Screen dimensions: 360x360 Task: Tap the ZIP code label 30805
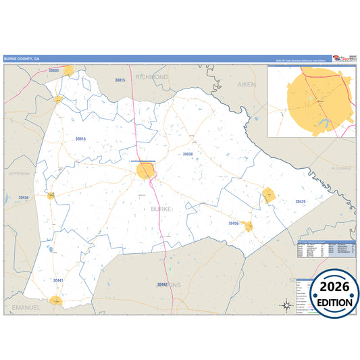[x=54, y=70]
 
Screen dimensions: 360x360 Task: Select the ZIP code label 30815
[x=120, y=80]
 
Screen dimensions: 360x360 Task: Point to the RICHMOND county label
[x=151, y=77]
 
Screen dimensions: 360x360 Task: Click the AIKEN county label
[x=247, y=84]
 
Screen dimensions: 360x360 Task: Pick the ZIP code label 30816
[x=80, y=139]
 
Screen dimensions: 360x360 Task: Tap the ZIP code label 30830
[x=188, y=154]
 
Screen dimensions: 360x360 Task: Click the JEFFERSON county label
[x=19, y=174]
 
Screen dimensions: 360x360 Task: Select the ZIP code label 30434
[x=24, y=197]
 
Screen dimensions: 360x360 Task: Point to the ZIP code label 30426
[x=301, y=201]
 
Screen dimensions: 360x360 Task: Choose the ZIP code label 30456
[x=234, y=223]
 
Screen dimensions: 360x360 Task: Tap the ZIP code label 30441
[x=58, y=280]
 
